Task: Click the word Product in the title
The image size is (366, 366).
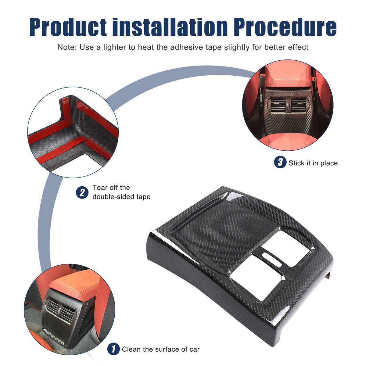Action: click(x=68, y=27)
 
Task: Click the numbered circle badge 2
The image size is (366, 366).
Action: click(x=82, y=192)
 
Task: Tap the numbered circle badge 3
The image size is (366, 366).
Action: click(x=280, y=162)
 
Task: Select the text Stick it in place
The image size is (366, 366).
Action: click(x=313, y=163)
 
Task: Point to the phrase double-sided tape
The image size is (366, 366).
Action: click(x=121, y=197)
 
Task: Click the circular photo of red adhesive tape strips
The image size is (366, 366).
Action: click(x=73, y=132)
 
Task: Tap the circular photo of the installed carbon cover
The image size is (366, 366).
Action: click(x=288, y=105)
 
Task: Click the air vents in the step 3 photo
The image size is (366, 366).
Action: click(x=289, y=105)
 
